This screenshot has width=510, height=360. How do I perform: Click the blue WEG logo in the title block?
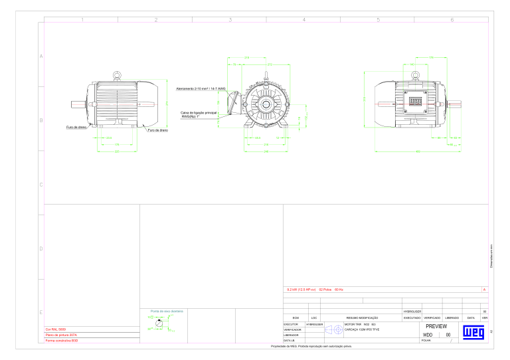pos(475,332)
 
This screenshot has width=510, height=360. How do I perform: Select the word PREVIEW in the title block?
pos(436,327)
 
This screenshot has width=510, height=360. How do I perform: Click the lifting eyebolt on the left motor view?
pos(117,74)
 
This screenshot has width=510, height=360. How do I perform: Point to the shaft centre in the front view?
pos(265,104)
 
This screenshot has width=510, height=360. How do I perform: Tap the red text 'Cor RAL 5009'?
pos(55,329)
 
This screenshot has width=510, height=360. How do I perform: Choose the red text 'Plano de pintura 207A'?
pos(61,335)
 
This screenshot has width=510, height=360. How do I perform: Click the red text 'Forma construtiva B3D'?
pos(61,341)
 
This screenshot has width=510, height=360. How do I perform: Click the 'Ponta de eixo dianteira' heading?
pos(167,310)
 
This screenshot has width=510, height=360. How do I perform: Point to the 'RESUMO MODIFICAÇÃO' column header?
pos(362,318)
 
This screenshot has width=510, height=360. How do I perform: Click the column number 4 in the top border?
pos(303,19)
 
